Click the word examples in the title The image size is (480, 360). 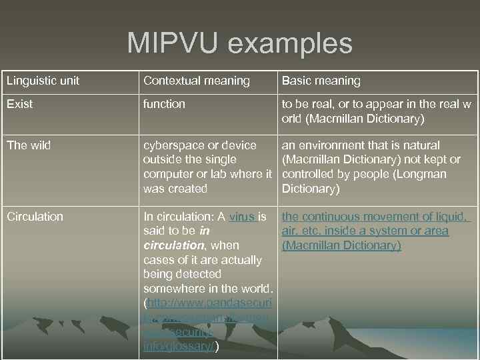290,43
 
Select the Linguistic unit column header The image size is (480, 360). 43,81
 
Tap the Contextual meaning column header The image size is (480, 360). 197,81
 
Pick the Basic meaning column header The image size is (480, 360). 321,81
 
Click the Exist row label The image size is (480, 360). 20,104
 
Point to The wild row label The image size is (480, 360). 29,145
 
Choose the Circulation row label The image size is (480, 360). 35,217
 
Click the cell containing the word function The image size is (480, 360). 164,104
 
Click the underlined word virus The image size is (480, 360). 241,217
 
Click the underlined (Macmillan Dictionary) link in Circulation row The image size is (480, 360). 341,246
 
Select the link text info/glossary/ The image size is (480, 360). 179,347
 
